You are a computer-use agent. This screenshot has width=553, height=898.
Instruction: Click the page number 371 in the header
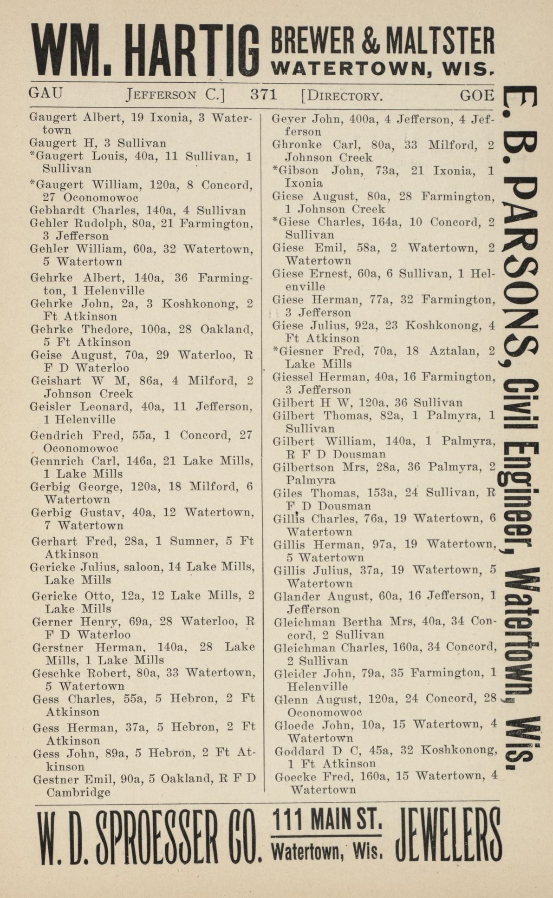(263, 95)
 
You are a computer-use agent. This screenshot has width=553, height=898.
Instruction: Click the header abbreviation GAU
(46, 93)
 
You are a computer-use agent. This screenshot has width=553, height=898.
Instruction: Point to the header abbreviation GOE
(477, 95)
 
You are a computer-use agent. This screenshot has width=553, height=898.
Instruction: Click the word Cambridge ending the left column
(78, 792)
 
